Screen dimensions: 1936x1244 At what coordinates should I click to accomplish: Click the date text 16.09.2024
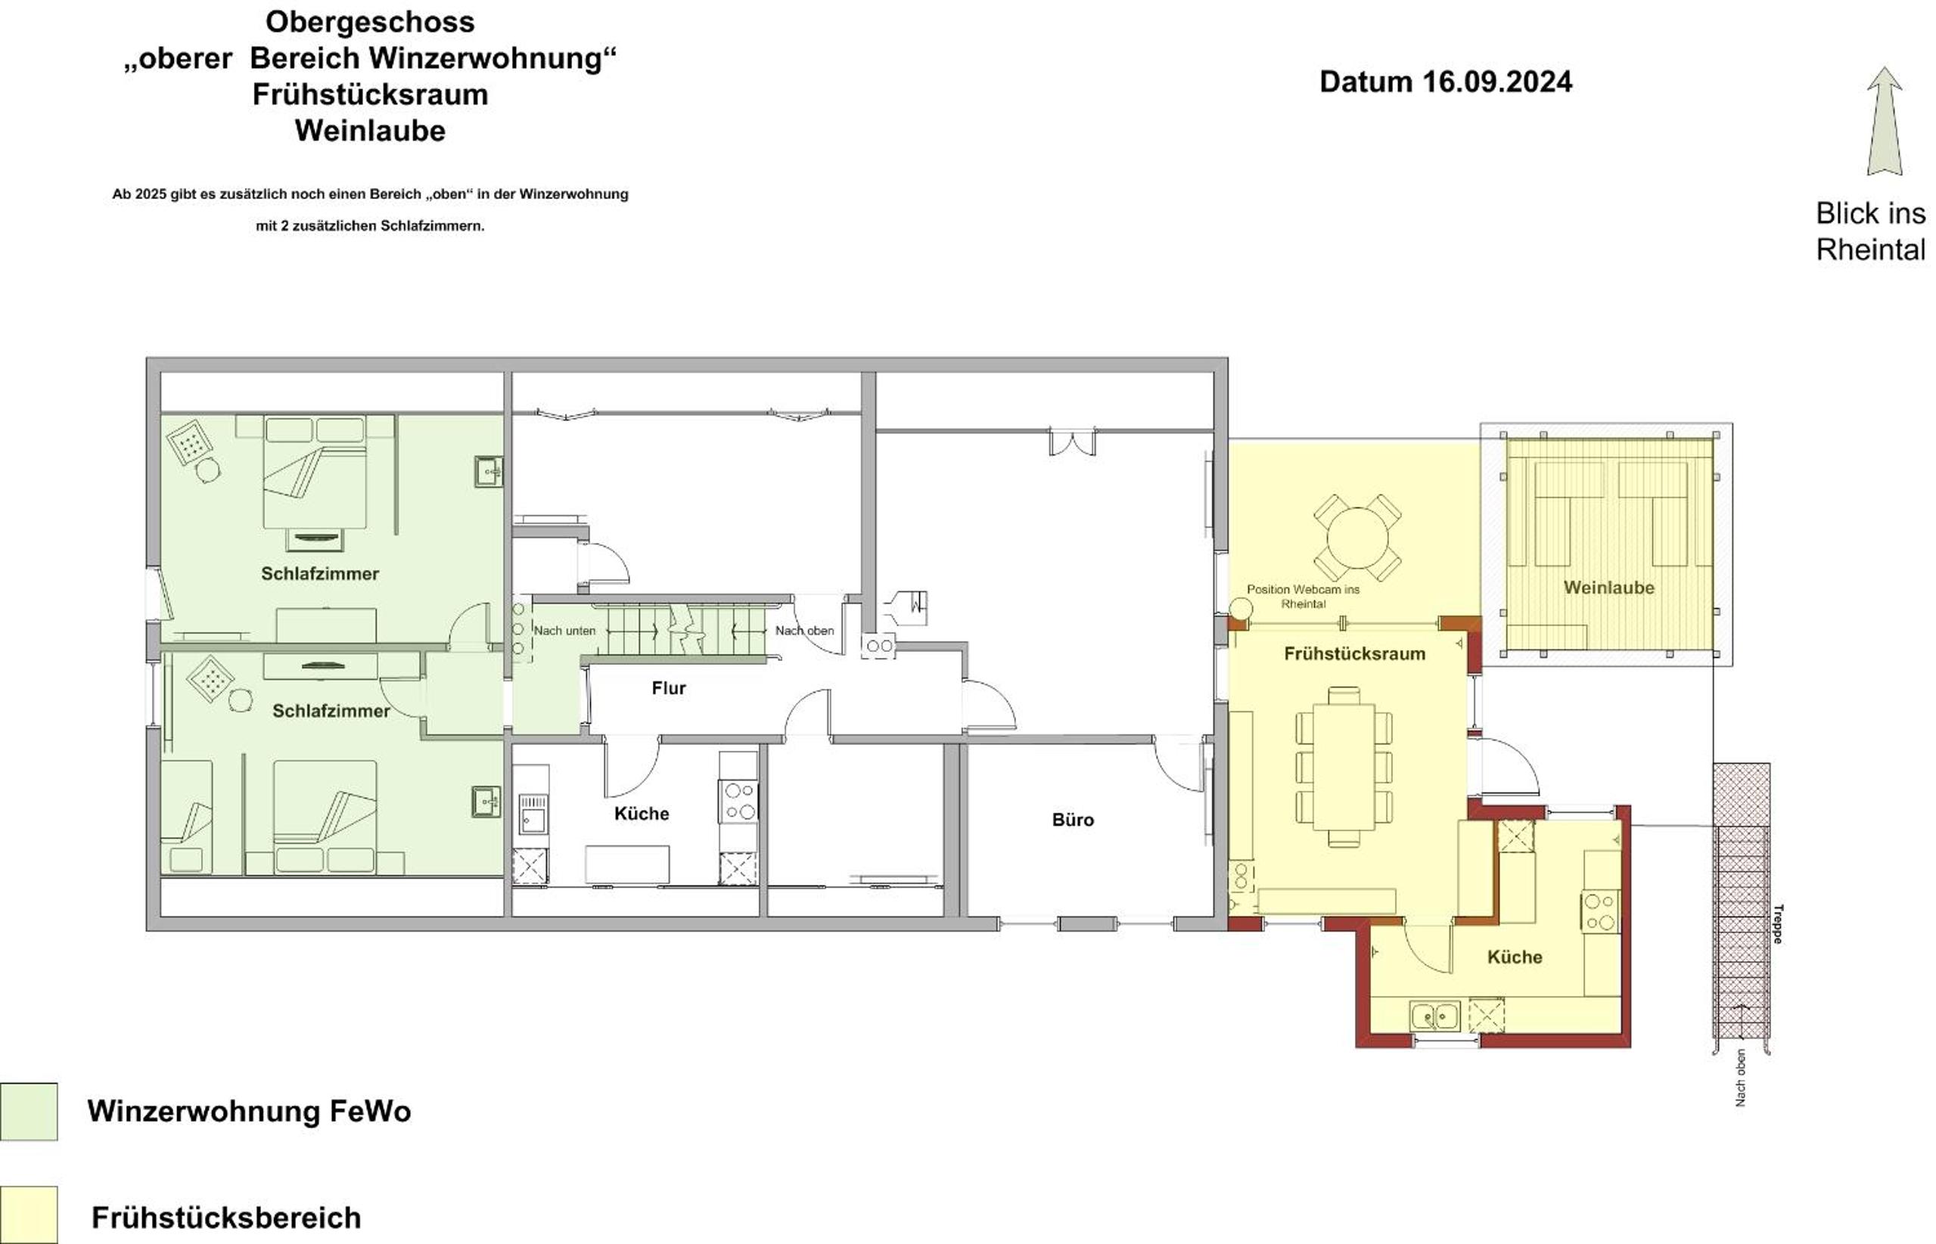click(x=1496, y=82)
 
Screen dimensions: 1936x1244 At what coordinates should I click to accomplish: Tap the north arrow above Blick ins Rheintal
click(x=1884, y=120)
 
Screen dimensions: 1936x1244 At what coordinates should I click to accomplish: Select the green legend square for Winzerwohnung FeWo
click(x=28, y=1111)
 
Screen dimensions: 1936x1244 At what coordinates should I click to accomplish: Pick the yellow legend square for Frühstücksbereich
click(x=28, y=1214)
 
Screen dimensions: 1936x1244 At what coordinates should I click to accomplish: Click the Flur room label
click(x=668, y=688)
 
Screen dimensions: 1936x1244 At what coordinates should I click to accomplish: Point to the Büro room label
click(x=1072, y=820)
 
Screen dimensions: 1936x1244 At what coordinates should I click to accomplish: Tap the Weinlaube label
click(x=1608, y=588)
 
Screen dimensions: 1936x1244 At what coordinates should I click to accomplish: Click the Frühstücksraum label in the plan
click(x=1354, y=653)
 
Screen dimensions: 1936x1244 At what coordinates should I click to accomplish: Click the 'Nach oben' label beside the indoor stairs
click(x=804, y=631)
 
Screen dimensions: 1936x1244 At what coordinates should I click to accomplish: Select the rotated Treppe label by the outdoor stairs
click(x=1778, y=923)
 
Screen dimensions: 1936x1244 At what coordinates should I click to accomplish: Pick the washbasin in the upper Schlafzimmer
click(x=488, y=471)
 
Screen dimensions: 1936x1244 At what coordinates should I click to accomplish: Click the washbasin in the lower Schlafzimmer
click(x=486, y=802)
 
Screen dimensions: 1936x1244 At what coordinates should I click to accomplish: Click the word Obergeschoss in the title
click(x=370, y=22)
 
